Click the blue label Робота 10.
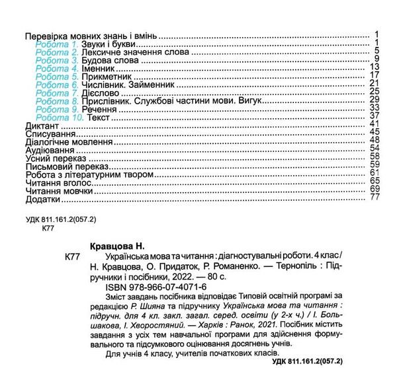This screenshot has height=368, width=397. (60, 116)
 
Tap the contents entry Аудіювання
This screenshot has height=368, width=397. (48, 150)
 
